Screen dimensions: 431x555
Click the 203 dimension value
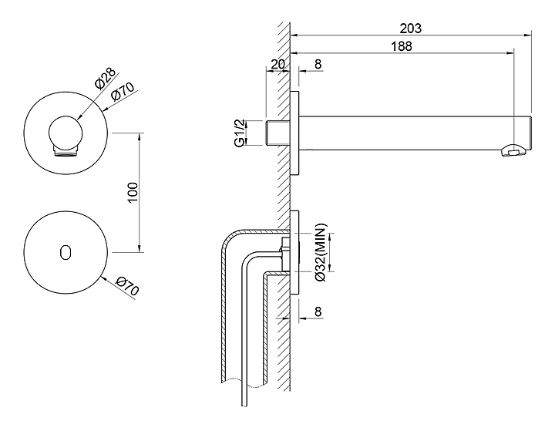411,28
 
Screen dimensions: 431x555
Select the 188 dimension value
401,45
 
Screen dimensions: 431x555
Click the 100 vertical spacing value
132,192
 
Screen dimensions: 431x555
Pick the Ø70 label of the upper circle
125,94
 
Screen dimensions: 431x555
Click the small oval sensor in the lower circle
65,251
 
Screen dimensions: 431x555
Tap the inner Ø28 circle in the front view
66,132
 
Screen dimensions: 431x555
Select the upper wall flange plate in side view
295,133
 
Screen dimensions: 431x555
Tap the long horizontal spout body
409,133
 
